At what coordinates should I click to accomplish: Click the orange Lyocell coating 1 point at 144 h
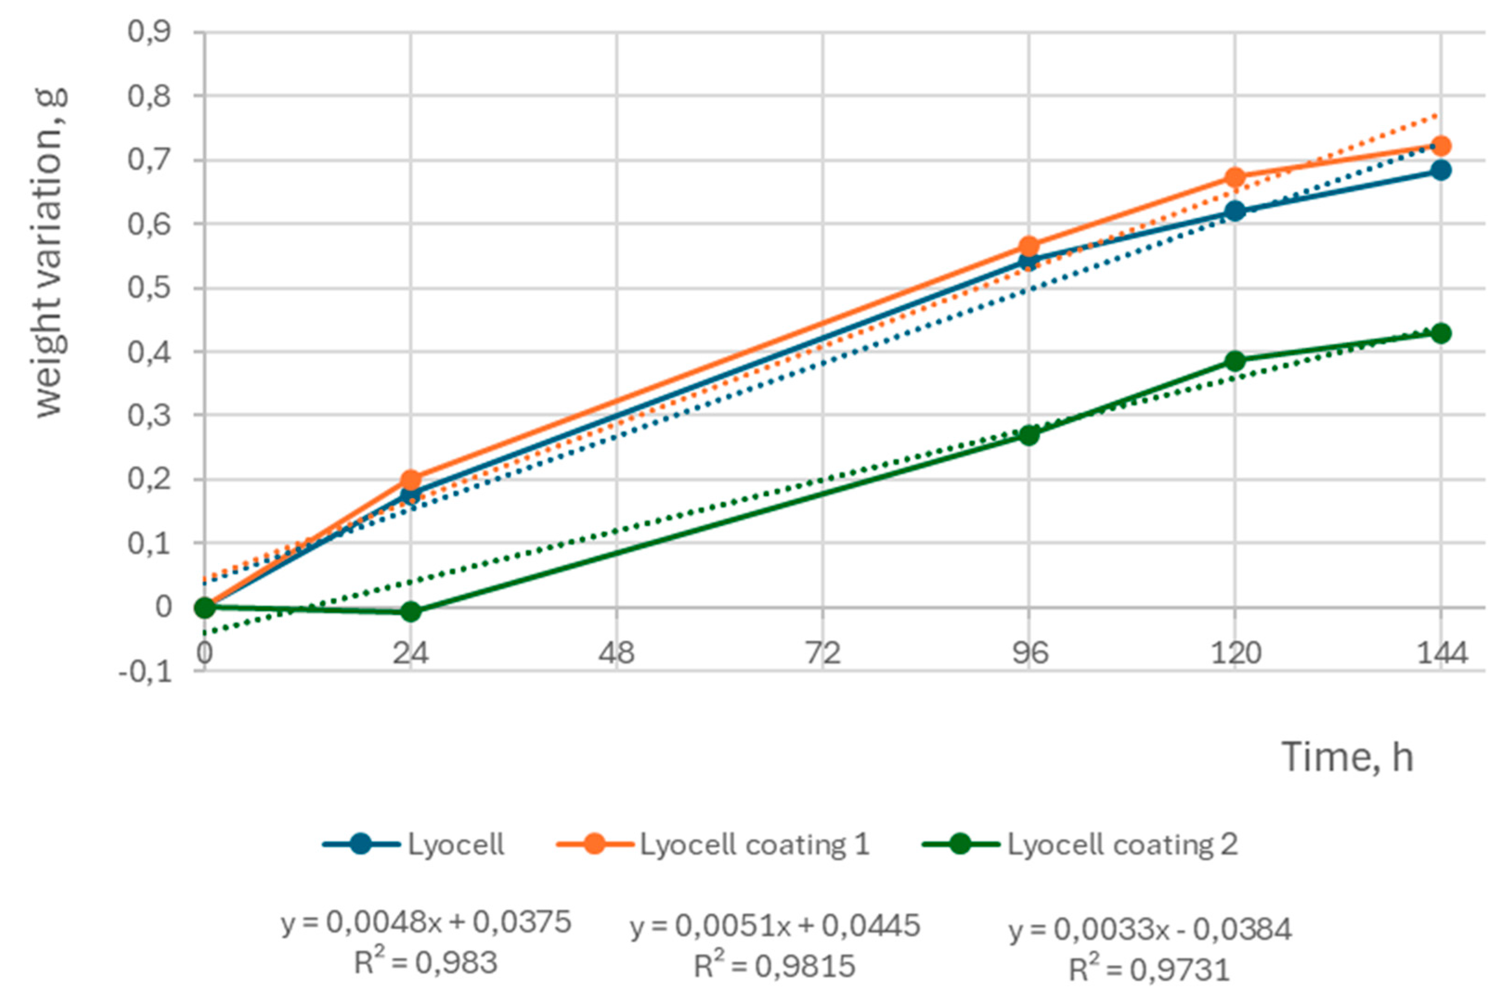1441,147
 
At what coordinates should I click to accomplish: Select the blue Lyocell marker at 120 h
1235,211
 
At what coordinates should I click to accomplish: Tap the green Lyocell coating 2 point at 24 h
411,612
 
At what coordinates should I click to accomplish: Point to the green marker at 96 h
1029,435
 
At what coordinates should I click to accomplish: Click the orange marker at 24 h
411,479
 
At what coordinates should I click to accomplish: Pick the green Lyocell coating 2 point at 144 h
1441,333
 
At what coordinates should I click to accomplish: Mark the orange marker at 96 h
1029,246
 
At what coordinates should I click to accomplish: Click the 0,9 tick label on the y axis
149,32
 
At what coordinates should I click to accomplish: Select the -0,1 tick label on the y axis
145,672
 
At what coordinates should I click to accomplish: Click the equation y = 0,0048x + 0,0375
426,922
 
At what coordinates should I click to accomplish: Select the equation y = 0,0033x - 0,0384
1150,930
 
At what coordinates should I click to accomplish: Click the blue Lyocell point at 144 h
1441,170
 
